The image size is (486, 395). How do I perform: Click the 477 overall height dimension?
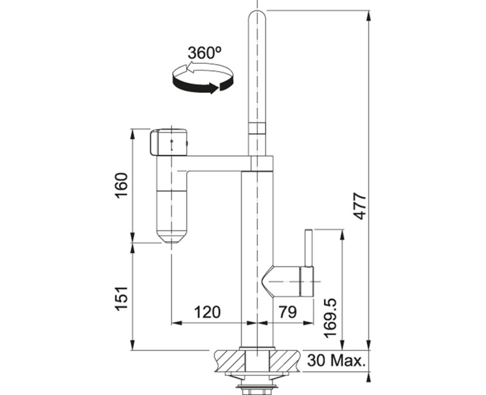pyautogui.click(x=360, y=207)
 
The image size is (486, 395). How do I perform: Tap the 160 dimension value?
pyautogui.click(x=122, y=185)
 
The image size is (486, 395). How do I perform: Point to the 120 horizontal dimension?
pyautogui.click(x=207, y=312)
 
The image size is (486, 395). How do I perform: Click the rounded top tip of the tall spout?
pyautogui.click(x=259, y=15)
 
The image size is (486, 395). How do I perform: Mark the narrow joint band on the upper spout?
pyautogui.click(x=258, y=127)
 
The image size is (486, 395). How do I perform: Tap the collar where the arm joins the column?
pyautogui.click(x=261, y=163)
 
